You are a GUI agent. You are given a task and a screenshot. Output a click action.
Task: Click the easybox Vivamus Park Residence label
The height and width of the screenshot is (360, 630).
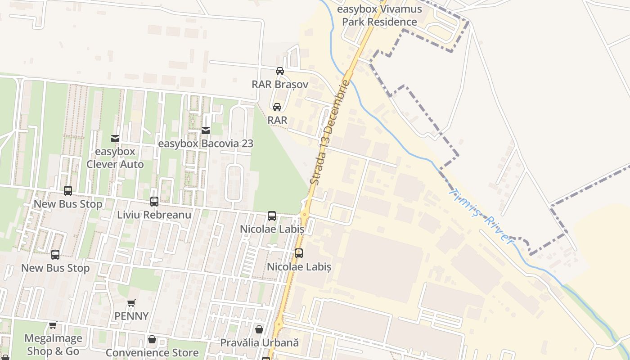[379, 15]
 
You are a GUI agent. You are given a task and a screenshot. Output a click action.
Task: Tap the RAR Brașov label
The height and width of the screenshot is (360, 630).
[280, 84]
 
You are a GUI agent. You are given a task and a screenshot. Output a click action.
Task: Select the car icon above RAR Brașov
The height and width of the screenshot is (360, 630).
[280, 71]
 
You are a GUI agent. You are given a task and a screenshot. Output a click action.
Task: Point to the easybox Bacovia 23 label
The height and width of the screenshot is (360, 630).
[206, 144]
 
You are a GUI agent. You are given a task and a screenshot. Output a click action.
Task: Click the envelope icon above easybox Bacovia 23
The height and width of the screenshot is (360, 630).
[206, 130]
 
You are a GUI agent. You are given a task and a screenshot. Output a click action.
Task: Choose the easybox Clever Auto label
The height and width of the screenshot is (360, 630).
[115, 158]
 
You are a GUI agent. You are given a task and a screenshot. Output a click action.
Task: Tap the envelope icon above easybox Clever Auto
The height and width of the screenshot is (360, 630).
[115, 139]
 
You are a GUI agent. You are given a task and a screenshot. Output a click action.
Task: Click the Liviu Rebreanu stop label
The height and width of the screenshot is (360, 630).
[154, 215]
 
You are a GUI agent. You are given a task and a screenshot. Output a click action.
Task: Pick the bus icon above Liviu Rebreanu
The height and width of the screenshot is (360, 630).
[154, 202]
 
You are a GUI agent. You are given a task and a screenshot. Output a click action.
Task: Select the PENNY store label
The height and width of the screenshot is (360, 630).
[131, 316]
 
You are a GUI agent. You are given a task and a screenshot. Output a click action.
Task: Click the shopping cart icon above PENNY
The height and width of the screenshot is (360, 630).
[131, 303]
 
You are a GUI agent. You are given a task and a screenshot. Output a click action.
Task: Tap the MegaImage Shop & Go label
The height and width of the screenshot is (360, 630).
[53, 345]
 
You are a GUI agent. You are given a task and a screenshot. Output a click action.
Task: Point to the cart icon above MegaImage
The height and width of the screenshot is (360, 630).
[53, 325]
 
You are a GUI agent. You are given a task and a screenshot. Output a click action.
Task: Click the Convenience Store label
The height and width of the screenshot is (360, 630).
[152, 352]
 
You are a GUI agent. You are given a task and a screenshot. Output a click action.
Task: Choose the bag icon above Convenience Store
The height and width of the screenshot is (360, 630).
[152, 339]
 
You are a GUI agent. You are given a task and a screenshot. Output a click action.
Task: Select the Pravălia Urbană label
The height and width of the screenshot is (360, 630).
[259, 342]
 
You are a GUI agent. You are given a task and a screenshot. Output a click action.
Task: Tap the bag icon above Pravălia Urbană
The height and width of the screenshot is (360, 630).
[259, 329]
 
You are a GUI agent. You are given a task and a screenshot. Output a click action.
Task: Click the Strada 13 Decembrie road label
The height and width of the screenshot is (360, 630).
[330, 132]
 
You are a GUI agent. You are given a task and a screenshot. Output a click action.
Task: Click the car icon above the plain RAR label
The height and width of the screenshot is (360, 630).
[277, 107]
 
